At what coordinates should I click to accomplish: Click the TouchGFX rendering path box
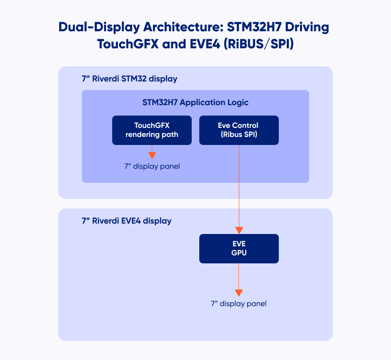151,130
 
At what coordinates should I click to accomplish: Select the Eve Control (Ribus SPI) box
239,130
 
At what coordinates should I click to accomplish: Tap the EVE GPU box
239,248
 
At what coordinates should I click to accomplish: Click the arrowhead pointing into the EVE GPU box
239,230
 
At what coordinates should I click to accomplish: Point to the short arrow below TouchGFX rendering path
151,152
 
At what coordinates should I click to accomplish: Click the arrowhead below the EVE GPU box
239,292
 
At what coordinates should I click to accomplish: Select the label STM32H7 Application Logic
195,102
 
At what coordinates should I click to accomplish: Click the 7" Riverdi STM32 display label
129,79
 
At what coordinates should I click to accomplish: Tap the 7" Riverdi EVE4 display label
126,221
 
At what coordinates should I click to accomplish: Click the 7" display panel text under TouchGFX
152,166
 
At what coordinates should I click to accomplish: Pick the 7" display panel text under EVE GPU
239,304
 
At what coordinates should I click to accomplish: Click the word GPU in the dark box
239,253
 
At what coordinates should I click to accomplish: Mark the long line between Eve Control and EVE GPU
239,189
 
